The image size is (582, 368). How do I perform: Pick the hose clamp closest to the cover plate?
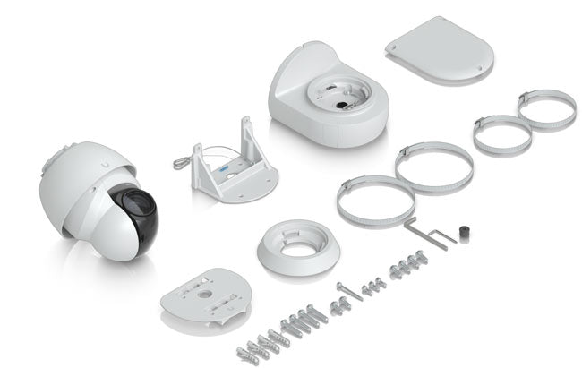point(546,109)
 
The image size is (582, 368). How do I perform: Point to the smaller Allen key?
point(442,235)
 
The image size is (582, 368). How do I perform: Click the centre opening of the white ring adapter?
point(298,241)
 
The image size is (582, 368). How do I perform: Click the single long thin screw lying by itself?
point(349,289)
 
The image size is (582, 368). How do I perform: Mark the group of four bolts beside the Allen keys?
point(408,264)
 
